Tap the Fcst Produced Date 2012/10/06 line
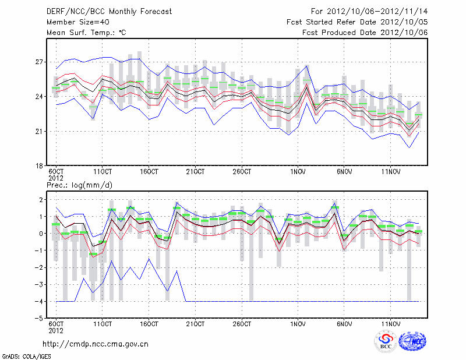365,33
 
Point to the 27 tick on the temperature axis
39,62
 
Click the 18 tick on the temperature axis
39,165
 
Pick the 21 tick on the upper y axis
39,131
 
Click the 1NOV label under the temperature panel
298,172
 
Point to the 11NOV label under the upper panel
391,172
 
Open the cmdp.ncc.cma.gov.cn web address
96,344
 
